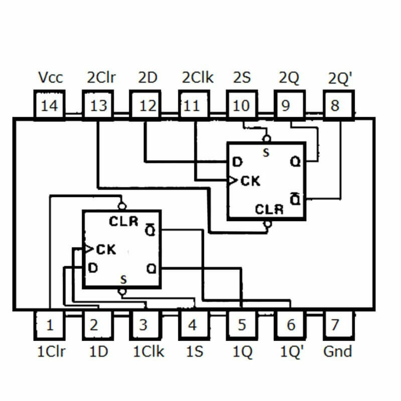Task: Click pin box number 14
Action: pos(50,106)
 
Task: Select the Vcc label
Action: pos(50,78)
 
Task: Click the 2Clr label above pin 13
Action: pos(101,78)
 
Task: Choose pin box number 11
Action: pos(192,106)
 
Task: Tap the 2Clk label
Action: pos(197,78)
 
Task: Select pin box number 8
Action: pos(335,106)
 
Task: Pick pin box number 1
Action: pos(50,325)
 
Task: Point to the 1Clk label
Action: pos(148,351)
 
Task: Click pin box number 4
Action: pos(192,325)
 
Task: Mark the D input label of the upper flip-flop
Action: pos(237,162)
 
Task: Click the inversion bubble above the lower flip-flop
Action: pos(121,206)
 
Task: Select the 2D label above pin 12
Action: pos(148,78)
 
